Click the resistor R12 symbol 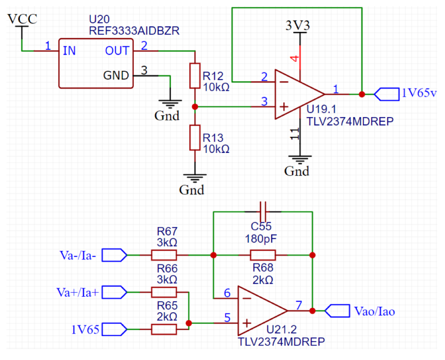195,76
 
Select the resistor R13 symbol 195,138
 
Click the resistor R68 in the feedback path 263,255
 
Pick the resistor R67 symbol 164,255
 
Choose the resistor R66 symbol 164,292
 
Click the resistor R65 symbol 164,329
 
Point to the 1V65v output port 387,94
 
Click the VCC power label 22,19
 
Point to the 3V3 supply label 299,25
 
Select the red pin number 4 295,58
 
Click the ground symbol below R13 195,177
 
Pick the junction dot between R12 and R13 195,107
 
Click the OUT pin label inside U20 117,51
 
